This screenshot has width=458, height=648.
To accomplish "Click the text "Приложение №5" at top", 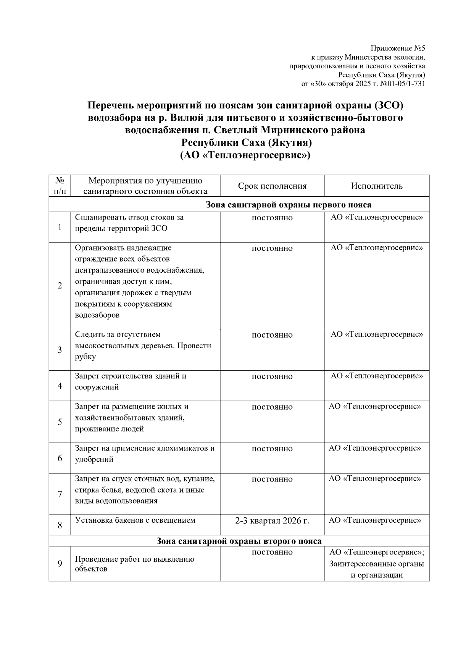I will [398, 48].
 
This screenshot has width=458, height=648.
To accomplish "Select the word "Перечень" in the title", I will [111, 105].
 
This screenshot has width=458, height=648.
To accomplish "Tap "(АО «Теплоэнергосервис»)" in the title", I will [245, 155].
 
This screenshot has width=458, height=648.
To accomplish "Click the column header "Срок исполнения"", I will [272, 186].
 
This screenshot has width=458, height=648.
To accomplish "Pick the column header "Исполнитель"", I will [377, 186].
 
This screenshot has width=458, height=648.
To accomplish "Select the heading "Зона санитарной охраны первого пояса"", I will [288, 205].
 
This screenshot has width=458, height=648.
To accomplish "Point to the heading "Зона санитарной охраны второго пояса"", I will [239, 541].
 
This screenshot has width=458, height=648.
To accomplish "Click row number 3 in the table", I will [60, 350].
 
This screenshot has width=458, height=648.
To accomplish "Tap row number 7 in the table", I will [60, 494].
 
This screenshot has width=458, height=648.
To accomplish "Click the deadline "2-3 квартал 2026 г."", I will [272, 520].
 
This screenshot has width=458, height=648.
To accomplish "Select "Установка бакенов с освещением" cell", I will [135, 520].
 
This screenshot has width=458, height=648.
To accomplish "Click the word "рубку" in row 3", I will [85, 357].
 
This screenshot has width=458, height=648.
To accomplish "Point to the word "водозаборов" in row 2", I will [97, 315].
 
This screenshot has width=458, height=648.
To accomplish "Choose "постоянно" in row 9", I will [272, 552].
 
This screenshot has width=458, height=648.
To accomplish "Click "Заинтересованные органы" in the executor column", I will [377, 564].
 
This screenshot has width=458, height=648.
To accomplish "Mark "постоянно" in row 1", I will [272, 218].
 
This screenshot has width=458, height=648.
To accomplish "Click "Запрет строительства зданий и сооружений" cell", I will [131, 381].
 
